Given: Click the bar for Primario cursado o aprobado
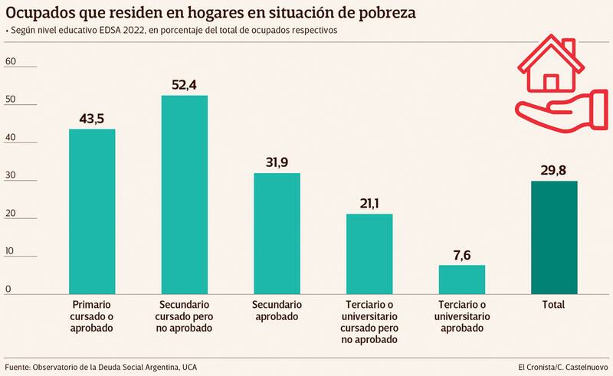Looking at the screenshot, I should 92,211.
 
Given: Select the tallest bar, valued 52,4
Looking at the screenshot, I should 184,195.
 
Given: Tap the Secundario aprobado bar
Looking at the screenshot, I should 277,234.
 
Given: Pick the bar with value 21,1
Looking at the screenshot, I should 369,254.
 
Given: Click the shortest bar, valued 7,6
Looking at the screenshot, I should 461,280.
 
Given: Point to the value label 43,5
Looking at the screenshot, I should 93,119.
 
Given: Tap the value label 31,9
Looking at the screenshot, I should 277,163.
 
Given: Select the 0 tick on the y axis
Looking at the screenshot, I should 8,289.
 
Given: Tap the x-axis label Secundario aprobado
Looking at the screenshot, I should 277,310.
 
